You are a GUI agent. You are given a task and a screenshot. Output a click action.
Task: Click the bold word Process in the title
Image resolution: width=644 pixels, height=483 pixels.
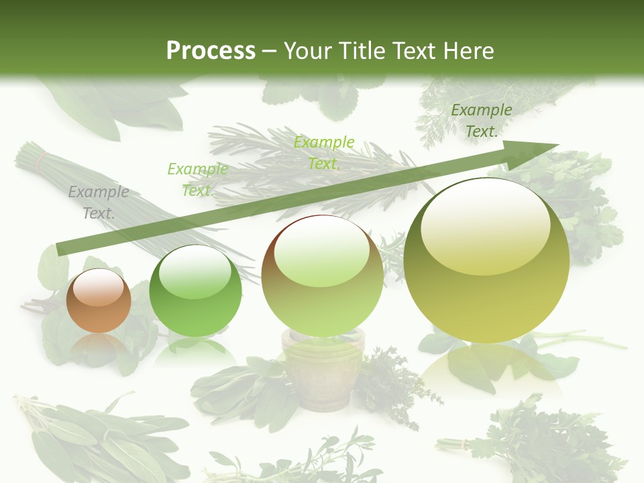pos(211,51)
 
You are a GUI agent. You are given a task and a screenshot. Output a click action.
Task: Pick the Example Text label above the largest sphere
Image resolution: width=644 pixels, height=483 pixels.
pos(481,121)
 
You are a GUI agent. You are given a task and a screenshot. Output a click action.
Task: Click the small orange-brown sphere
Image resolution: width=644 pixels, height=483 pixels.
pos(99,301)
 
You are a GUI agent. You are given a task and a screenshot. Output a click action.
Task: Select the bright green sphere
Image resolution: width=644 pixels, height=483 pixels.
pos(195,291)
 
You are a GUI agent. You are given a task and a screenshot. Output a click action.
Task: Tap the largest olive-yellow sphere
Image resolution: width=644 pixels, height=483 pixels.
pos(486,268)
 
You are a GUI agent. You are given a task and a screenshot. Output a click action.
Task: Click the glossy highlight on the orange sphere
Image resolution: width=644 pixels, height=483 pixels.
pos(99,287)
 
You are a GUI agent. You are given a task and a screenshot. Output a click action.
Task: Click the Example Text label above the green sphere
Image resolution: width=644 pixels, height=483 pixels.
pos(197,180)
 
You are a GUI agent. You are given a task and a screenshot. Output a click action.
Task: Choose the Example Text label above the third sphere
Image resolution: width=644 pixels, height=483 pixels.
pos(323,152)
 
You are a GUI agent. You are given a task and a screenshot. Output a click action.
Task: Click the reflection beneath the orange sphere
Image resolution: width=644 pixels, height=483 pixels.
pos(99,345)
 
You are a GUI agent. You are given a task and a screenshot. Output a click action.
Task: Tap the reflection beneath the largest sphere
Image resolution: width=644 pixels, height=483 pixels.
pos(486,369)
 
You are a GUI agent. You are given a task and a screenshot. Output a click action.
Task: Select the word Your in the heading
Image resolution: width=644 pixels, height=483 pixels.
pos(306,51)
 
